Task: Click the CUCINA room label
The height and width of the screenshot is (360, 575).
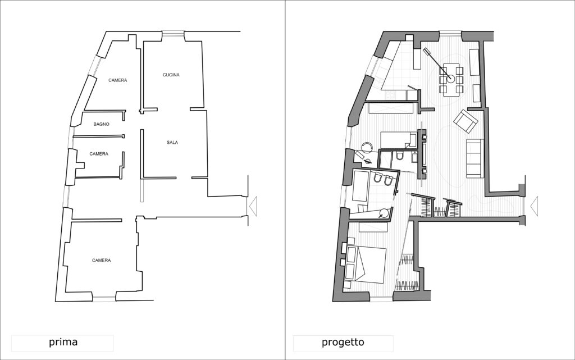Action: point(171,75)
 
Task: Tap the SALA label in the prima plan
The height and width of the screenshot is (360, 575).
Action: point(172,142)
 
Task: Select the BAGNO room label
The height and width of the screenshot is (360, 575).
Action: point(101,124)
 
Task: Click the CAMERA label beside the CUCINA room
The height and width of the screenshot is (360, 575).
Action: point(118,80)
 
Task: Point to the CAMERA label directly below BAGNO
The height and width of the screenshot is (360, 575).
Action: point(99,154)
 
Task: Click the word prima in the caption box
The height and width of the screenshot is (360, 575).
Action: point(63,342)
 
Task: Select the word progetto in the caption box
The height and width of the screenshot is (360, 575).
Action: point(343,342)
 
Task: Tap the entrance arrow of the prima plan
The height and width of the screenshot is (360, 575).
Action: point(253,206)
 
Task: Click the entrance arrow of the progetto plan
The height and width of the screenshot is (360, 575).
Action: point(534,206)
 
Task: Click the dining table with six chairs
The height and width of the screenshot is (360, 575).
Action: point(451,80)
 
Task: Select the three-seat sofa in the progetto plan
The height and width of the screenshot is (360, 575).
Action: point(475,158)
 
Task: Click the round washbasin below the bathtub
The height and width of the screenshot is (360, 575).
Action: point(384,213)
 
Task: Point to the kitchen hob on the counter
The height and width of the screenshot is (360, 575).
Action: point(390,95)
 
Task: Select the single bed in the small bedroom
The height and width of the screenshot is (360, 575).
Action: point(399,140)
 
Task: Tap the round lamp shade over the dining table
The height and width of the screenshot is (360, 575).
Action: point(450,79)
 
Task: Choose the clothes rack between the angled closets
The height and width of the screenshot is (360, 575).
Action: point(440,212)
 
